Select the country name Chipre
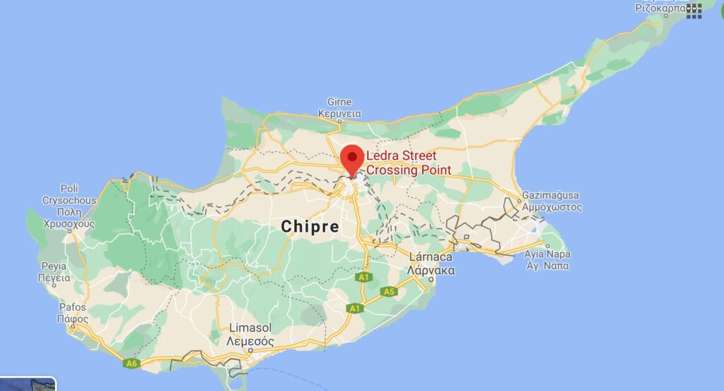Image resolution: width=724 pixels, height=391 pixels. tap(310, 226)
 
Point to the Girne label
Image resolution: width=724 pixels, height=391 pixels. tap(339, 102)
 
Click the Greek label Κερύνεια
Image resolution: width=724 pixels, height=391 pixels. tap(339, 113)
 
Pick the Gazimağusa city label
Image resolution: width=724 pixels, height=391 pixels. tap(551, 196)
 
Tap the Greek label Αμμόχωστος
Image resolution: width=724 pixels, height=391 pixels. tap(551, 207)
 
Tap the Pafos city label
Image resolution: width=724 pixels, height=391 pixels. tap(72, 308)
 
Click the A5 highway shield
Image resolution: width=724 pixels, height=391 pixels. tap(389, 291)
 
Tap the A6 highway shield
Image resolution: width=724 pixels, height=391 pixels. tap(130, 363)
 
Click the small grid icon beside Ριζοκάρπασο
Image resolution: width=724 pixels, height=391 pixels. tap(694, 9)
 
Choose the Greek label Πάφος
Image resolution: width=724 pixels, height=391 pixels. tap(72, 319)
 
